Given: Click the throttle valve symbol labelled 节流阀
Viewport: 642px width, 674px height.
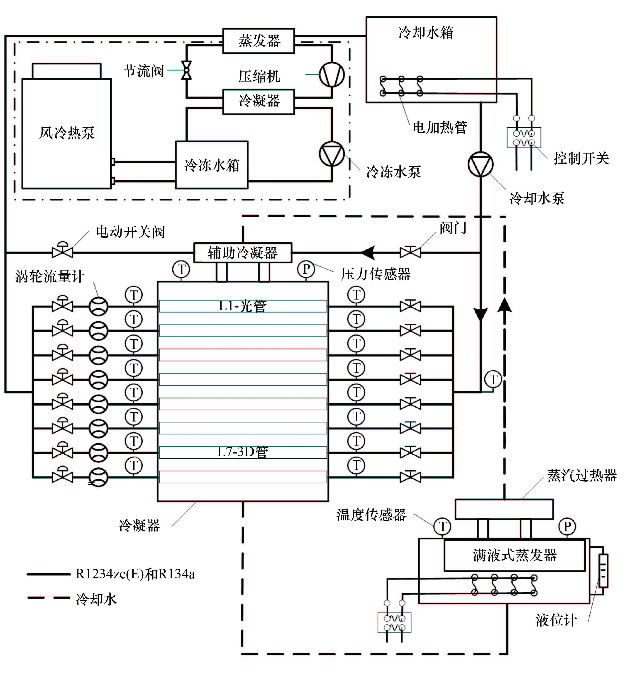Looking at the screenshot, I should (x=186, y=70).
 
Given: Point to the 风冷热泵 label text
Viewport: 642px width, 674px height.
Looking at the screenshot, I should (x=67, y=133).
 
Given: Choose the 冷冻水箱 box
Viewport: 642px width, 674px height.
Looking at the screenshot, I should (x=212, y=165).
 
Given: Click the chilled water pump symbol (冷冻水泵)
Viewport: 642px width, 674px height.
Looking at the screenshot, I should (x=331, y=154).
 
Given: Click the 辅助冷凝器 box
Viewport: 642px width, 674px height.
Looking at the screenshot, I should (x=243, y=253).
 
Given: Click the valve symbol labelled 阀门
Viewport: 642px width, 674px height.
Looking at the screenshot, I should (x=410, y=253).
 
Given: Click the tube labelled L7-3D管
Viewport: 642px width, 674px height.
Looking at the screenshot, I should (x=243, y=453).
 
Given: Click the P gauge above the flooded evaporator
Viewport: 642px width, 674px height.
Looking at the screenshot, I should (x=567, y=526).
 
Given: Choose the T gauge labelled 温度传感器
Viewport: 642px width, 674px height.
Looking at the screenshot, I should (x=443, y=526).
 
